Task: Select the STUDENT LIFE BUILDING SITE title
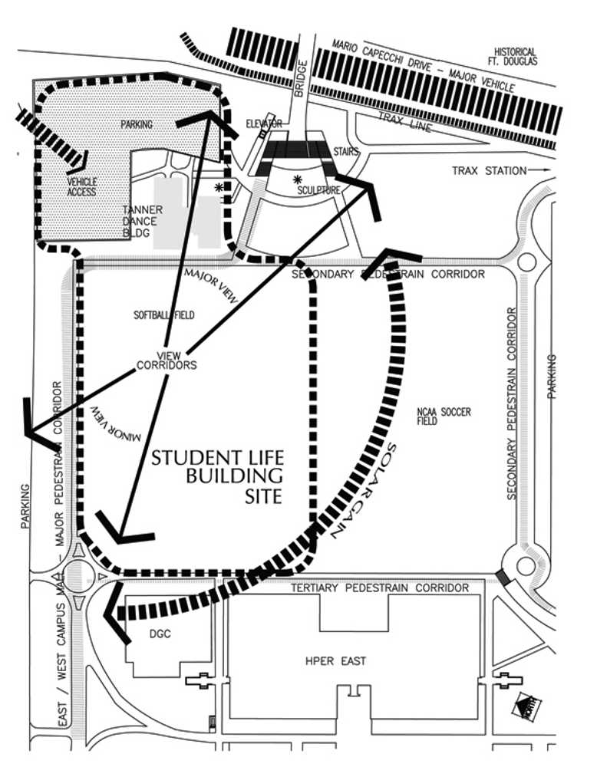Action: (217, 477)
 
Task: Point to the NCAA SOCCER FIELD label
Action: (444, 416)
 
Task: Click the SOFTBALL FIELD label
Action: (164, 314)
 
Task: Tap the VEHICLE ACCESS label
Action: (82, 186)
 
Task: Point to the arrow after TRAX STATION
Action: (541, 170)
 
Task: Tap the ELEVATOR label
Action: (264, 123)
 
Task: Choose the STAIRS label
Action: (347, 152)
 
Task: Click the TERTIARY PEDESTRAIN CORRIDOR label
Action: (379, 588)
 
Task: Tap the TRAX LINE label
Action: (404, 122)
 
